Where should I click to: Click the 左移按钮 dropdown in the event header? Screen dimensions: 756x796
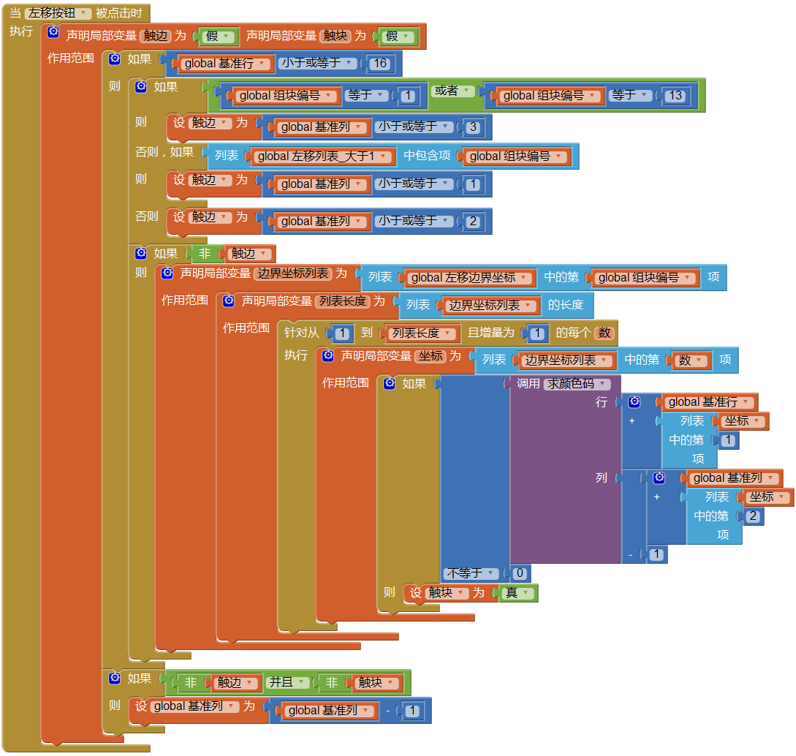point(58,13)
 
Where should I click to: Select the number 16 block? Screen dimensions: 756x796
point(380,64)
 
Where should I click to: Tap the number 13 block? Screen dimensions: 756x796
point(675,96)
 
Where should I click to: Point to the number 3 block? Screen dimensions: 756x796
point(473,127)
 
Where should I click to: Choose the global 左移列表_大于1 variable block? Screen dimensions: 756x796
point(322,156)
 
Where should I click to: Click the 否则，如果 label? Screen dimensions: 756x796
point(164,152)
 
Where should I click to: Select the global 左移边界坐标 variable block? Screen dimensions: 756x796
point(469,278)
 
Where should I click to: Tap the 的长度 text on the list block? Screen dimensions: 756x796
point(566,305)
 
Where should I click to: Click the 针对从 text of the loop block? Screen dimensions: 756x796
point(302,333)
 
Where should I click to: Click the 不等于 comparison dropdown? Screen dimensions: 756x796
point(472,574)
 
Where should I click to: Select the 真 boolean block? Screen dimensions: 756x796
point(516,593)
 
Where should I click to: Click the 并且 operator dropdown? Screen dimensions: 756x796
point(287,683)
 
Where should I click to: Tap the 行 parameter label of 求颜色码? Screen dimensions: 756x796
point(602,402)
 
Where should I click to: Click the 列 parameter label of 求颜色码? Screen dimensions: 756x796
point(602,478)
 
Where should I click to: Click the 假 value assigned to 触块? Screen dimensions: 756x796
point(395,36)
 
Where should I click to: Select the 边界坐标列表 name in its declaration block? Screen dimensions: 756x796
point(292,273)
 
